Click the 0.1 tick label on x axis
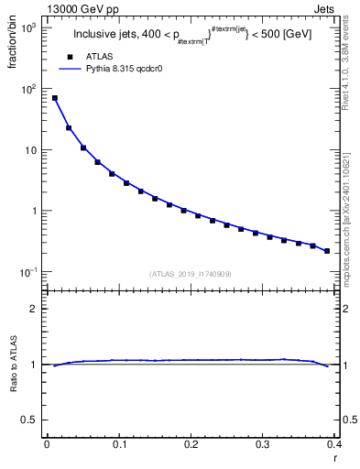118,444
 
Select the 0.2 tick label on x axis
191,444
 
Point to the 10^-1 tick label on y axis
30,272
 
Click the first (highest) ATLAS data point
54,98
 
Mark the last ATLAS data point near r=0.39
327,251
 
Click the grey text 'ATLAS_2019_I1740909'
190,274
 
